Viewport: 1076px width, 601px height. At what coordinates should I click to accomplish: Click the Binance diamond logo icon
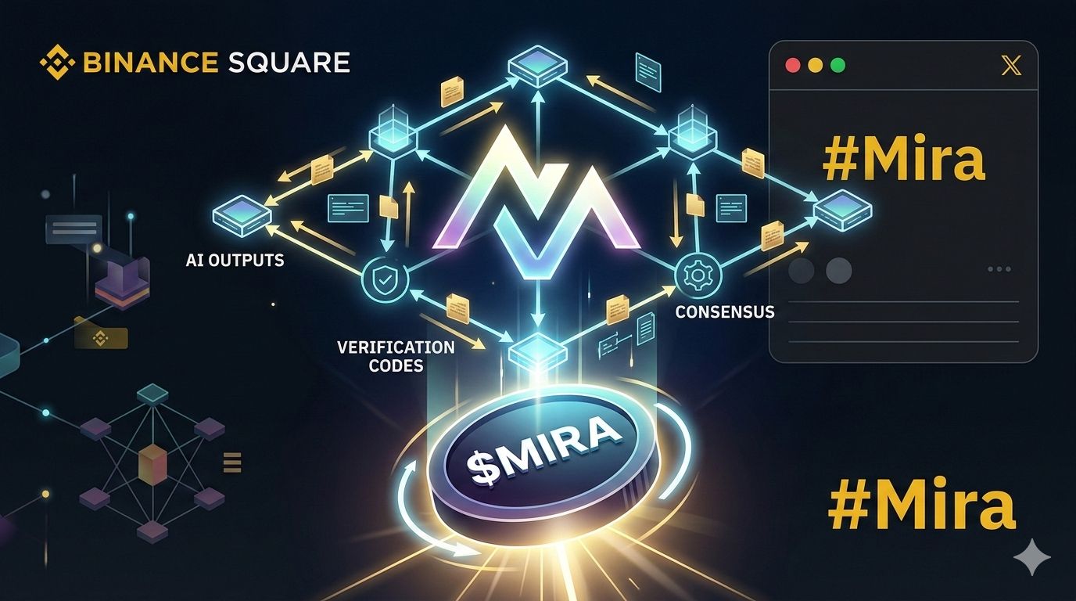click(56, 63)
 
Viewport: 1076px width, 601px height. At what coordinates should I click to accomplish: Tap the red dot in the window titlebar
click(792, 67)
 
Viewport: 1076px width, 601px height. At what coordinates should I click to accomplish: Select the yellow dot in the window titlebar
click(815, 67)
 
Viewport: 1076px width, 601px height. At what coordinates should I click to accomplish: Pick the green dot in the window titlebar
click(837, 67)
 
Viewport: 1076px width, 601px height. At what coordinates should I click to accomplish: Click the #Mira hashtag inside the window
click(903, 160)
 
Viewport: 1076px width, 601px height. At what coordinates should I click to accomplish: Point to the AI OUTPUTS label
click(235, 260)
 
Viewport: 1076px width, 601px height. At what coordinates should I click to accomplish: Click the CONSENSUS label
click(724, 311)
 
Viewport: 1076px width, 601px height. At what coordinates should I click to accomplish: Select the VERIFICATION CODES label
click(396, 355)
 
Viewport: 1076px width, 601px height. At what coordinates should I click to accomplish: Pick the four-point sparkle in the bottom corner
click(1031, 556)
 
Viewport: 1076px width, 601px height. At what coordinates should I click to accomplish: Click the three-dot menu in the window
click(999, 269)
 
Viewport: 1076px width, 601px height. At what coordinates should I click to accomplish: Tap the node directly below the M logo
click(536, 350)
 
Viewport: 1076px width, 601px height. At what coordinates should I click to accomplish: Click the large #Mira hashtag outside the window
click(921, 506)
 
